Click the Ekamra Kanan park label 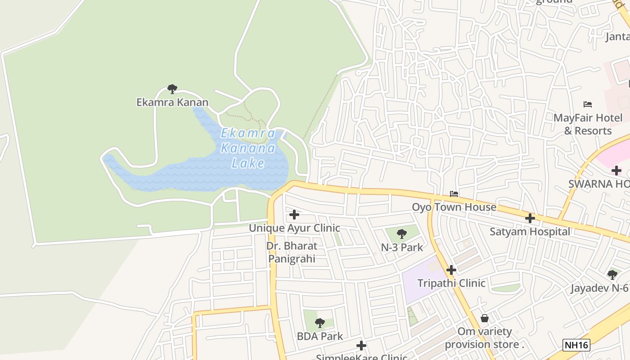coord(172,102)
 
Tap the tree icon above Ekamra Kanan coord(172,89)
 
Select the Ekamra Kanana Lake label coord(248,148)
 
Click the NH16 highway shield coord(576,345)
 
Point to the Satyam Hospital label coord(530,232)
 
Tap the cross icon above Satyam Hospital coord(530,218)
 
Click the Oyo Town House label coord(454,207)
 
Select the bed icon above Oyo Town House coord(454,194)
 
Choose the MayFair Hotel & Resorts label coord(588,124)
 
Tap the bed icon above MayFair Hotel coord(588,104)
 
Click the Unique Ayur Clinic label coord(294,228)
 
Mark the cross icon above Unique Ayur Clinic coord(294,215)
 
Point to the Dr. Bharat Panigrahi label coord(292,252)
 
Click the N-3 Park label coord(402,247)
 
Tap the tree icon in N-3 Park coord(402,234)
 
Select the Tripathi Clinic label coord(451,283)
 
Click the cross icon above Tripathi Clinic coord(451,270)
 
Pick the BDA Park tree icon coord(319,323)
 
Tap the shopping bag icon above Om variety coord(485,318)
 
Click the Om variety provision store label coord(485,338)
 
